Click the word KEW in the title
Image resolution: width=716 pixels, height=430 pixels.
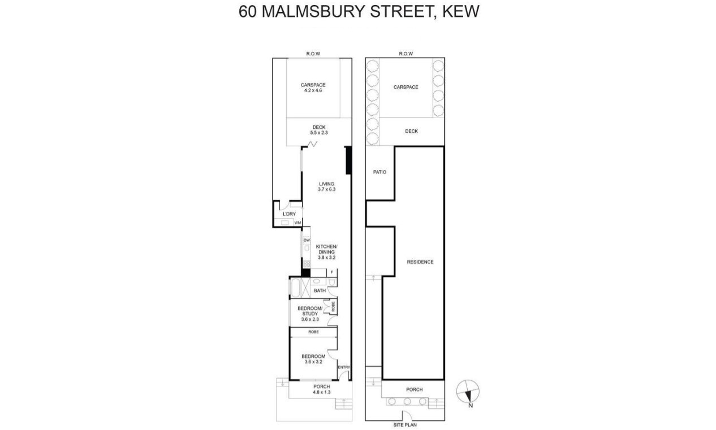click(460, 11)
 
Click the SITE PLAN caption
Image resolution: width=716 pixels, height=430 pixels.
click(405, 425)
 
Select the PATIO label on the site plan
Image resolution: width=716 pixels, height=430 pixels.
click(379, 172)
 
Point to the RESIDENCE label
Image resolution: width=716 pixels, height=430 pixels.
click(420, 262)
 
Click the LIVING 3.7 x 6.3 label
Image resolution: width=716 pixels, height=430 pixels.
click(327, 186)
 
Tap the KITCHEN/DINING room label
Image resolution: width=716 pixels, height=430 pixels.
click(327, 252)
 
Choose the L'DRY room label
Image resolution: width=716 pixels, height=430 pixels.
click(289, 214)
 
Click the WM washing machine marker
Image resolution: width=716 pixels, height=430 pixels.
click(297, 223)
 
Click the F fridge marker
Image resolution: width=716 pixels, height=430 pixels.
click(332, 272)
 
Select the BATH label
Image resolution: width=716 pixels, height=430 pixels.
click(320, 290)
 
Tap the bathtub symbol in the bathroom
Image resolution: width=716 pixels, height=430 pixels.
click(295, 288)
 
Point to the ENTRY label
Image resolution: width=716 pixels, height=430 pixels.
click(344, 367)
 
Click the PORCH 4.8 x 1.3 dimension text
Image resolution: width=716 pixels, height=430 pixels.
click(322, 392)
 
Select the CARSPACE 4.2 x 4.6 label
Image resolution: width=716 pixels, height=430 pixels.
click(313, 88)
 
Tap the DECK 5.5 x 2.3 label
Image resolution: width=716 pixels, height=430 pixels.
click(319, 130)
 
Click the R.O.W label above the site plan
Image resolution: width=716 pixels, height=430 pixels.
click(406, 54)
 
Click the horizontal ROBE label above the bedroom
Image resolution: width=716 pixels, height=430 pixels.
click(313, 332)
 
